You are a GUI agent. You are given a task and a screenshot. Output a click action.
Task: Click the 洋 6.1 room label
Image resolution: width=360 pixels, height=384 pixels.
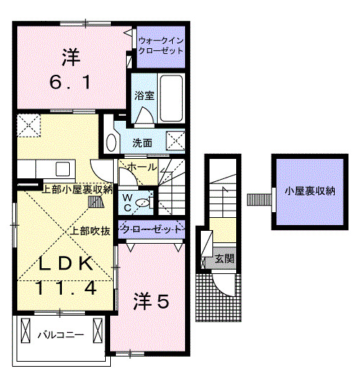click(71, 69)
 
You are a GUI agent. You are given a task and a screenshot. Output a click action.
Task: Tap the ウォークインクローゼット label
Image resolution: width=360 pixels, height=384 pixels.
click(161, 45)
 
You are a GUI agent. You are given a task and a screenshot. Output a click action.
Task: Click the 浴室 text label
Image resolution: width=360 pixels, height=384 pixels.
click(144, 96)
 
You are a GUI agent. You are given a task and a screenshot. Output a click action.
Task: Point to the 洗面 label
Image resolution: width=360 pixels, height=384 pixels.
click(143, 143)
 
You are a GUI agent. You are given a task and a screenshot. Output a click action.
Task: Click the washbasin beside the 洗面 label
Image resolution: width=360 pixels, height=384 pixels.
click(111, 143)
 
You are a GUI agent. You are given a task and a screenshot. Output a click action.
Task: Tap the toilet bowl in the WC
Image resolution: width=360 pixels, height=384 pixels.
click(142, 203)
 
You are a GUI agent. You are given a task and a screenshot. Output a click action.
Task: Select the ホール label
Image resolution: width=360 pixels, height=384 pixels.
click(142, 167)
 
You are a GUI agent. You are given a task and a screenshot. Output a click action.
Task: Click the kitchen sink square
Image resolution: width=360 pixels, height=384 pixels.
click(63, 168)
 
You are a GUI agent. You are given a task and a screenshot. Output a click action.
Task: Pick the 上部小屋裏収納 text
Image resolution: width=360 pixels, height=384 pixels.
click(77, 190)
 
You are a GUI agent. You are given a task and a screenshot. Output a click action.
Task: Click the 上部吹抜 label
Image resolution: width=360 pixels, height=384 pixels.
click(90, 231)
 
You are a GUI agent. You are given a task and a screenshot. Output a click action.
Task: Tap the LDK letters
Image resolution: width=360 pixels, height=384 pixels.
click(66, 264)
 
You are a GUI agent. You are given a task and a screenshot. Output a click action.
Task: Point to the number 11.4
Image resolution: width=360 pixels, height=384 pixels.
click(66, 288)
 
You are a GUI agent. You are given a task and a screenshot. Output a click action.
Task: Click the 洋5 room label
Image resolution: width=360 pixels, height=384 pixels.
click(151, 301)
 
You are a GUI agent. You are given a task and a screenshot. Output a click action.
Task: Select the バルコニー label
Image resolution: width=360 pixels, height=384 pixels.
click(60, 335)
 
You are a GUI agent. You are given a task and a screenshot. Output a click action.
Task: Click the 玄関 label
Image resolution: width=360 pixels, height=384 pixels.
click(225, 259)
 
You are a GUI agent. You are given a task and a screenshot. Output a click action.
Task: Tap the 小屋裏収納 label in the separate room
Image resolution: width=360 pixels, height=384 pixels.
click(310, 191)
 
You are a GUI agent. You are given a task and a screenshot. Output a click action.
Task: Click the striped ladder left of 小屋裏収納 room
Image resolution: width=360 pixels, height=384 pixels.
click(259, 200)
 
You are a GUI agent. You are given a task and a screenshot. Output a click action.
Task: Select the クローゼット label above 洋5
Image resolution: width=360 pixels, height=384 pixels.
click(152, 229)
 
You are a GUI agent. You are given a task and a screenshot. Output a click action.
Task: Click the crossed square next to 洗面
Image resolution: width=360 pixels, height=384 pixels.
click(176, 140)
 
